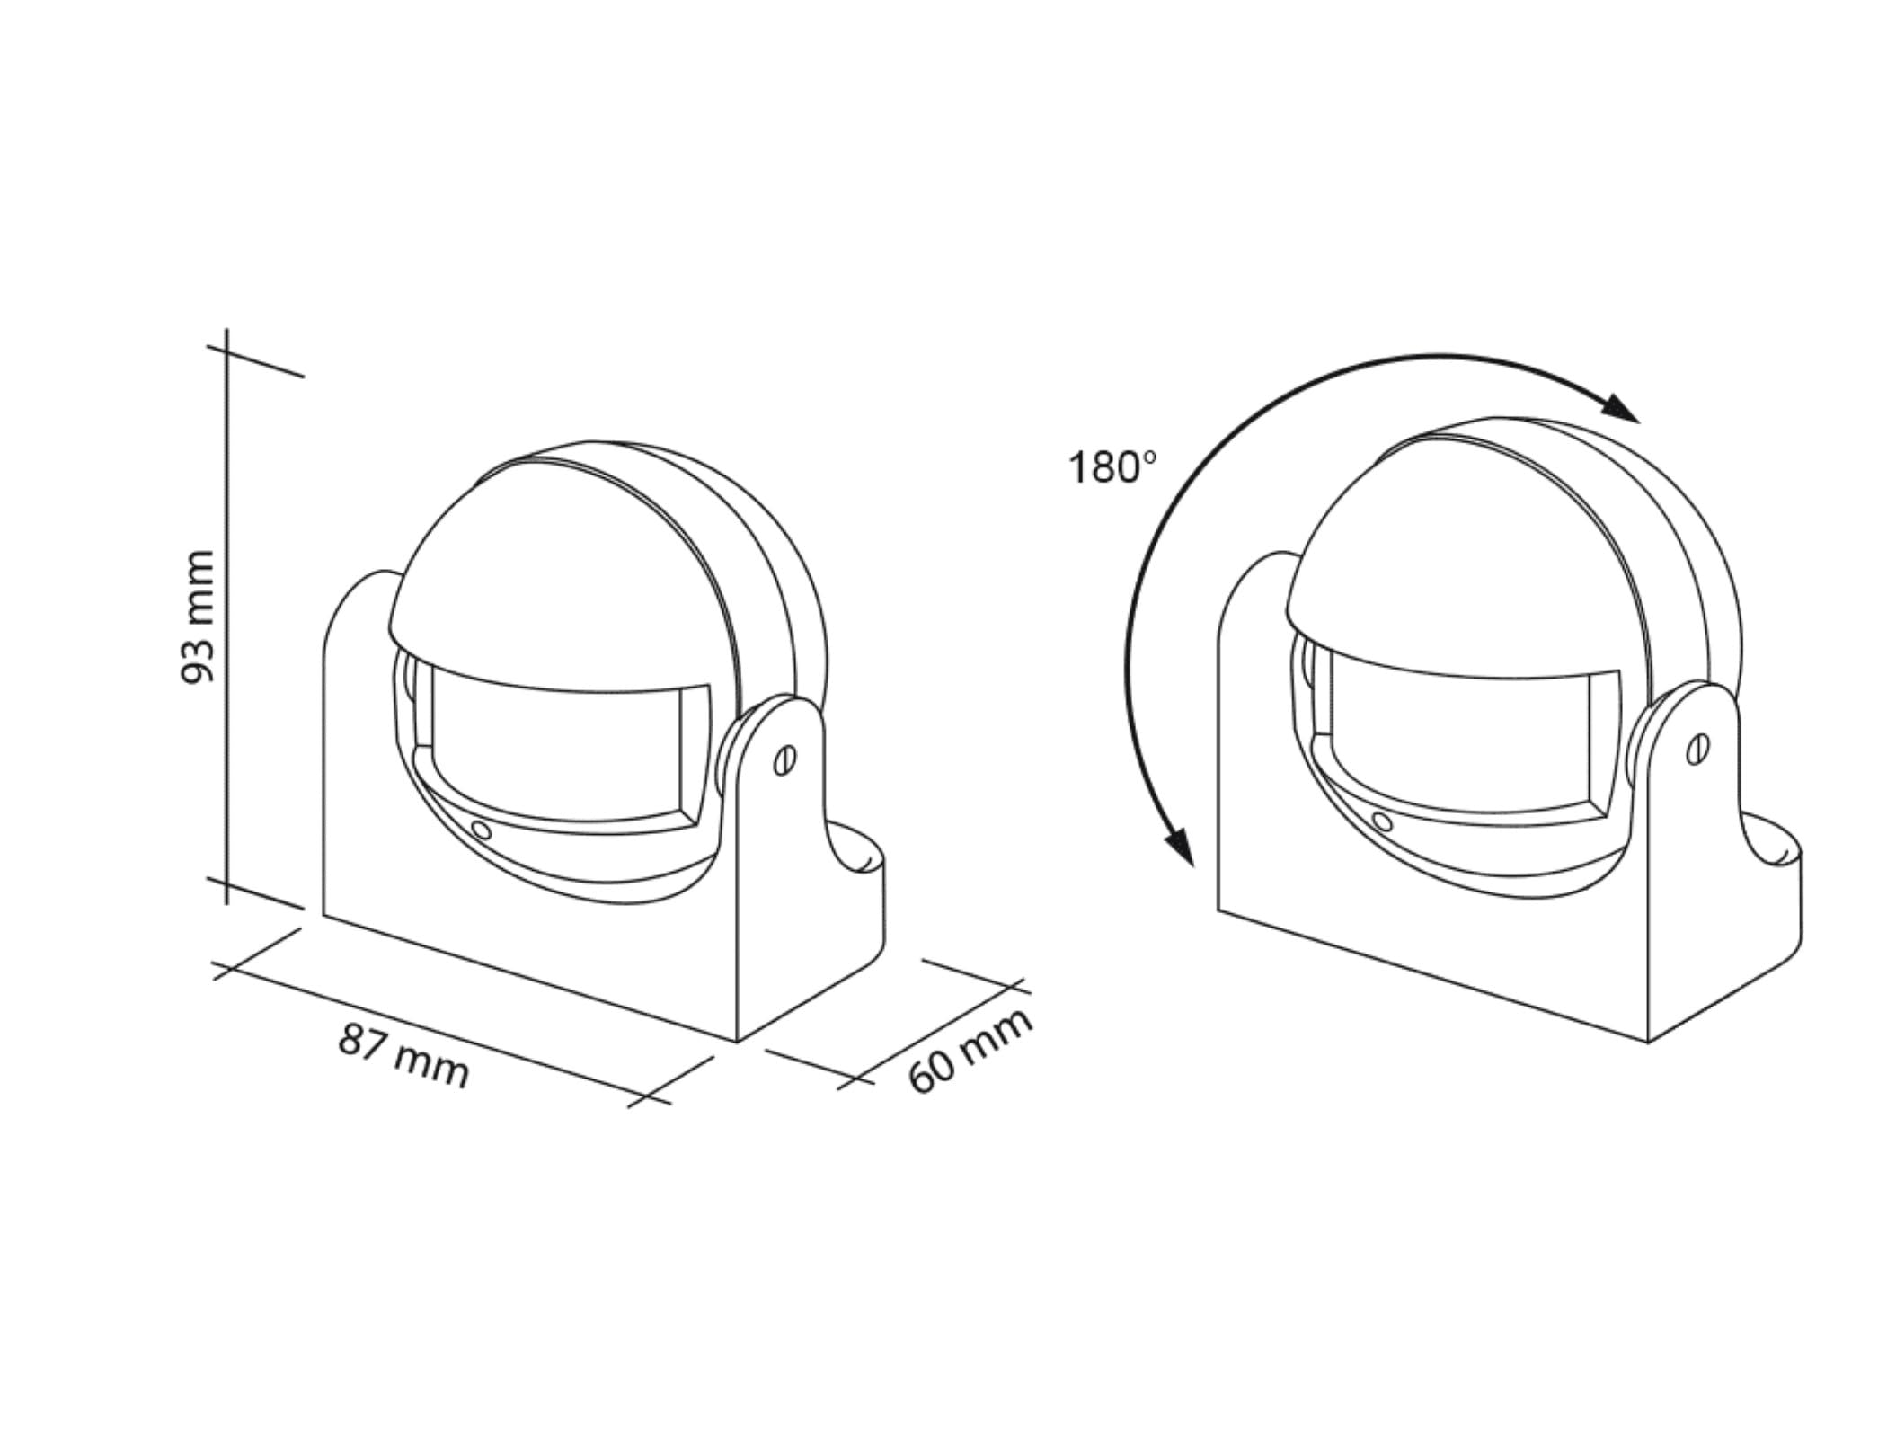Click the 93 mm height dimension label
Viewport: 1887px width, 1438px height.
199,617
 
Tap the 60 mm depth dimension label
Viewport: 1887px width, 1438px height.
970,1051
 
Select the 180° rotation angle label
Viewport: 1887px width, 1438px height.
1112,468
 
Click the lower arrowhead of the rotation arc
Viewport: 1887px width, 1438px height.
1178,846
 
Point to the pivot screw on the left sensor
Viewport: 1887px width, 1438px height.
784,760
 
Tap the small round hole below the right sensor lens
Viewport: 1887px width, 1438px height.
1382,821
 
